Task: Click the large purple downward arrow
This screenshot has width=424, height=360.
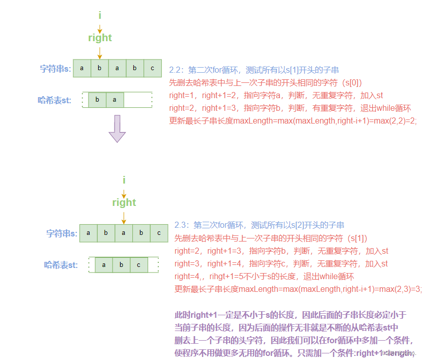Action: tap(117, 129)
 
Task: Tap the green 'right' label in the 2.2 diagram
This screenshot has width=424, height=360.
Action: tap(100, 38)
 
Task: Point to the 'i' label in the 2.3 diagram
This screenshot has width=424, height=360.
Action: tap(124, 180)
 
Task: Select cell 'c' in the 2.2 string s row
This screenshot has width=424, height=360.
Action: tap(152, 69)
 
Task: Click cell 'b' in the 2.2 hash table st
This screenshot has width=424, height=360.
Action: tap(97, 100)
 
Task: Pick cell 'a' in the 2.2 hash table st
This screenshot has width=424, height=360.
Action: tap(115, 100)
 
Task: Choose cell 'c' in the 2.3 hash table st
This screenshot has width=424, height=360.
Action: tap(138, 265)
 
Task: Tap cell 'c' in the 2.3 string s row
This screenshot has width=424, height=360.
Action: tap(158, 233)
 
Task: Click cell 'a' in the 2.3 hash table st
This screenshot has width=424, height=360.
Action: tap(104, 265)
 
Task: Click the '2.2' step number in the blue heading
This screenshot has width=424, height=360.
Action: tap(176, 70)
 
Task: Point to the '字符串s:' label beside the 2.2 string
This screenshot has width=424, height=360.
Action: tap(55, 69)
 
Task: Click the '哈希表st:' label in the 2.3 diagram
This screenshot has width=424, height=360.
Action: tap(61, 265)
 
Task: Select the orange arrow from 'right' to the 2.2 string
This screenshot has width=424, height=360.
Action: tap(100, 52)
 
